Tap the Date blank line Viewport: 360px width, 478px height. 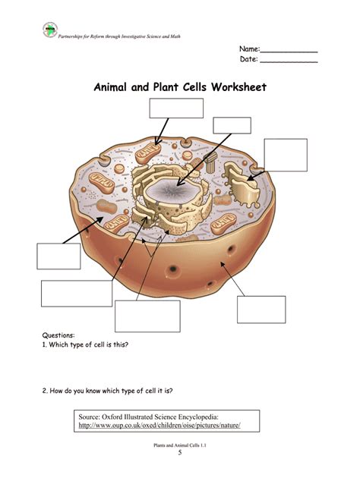[x=289, y=61]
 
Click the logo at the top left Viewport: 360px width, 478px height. [x=50, y=30]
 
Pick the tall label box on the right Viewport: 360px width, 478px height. [x=286, y=155]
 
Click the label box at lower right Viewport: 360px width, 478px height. [x=261, y=310]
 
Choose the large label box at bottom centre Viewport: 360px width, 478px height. [x=147, y=316]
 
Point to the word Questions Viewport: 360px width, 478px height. [x=58, y=335]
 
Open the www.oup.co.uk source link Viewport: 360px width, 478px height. [x=159, y=426]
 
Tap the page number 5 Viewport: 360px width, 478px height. [x=180, y=453]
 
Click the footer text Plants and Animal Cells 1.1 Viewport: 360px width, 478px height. [x=180, y=445]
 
